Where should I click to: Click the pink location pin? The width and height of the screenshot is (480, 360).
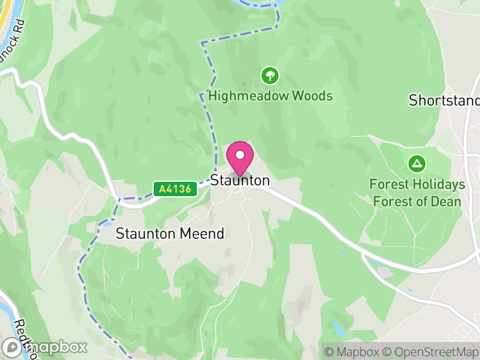pos(240,157)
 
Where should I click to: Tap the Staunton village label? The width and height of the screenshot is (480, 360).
pos(240,181)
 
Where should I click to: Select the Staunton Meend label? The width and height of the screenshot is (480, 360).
pos(170,233)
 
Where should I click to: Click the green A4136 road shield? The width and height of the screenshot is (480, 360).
pos(175,190)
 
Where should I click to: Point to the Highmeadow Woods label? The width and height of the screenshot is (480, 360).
pos(270,96)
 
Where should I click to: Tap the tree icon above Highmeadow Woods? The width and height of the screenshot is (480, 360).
pos(270,76)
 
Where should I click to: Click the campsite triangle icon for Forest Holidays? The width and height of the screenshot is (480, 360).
pos(416,163)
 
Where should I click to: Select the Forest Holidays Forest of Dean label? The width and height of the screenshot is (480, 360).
pos(418,193)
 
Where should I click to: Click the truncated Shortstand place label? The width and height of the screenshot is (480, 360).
pos(444,100)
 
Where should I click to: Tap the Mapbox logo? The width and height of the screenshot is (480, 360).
pos(46,347)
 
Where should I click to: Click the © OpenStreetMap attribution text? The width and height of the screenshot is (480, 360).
pos(431,352)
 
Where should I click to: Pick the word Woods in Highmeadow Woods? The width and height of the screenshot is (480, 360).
pos(312,96)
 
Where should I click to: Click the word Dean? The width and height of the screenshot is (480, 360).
pos(446,201)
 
